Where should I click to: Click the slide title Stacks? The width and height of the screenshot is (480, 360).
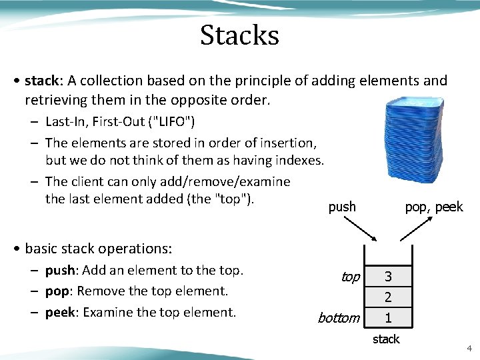[239, 35]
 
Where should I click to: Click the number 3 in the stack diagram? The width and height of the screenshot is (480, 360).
[387, 276]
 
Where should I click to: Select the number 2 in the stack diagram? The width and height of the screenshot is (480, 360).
[387, 297]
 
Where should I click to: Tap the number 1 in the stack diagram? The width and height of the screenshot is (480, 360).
[387, 317]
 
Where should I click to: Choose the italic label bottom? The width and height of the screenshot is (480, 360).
[338, 318]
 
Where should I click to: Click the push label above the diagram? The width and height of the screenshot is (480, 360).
[342, 207]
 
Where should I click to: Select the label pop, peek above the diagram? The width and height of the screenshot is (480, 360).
[433, 207]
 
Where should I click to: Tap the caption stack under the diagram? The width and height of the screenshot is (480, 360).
[386, 339]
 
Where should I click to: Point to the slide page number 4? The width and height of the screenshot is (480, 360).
[469, 348]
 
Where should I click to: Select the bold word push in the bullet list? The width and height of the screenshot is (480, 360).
[59, 270]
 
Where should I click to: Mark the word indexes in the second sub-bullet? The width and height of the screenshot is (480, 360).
[298, 160]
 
